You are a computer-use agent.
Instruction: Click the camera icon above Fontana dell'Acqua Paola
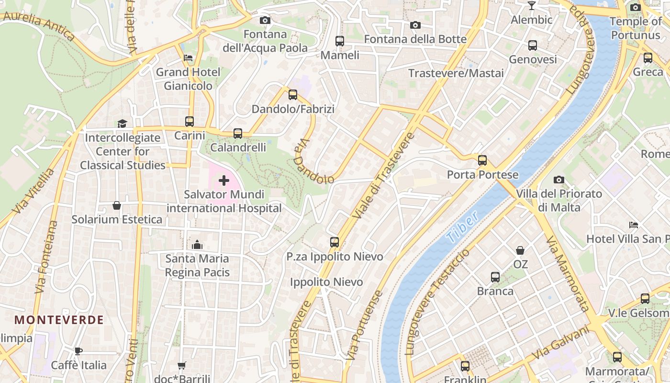pyautogui.click(x=265, y=20)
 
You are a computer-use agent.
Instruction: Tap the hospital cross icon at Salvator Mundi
pyautogui.click(x=224, y=180)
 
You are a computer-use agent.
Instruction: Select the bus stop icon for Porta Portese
pyautogui.click(x=482, y=160)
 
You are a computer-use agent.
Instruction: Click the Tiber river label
pyautogui.click(x=462, y=226)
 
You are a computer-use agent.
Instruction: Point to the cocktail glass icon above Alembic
pyautogui.click(x=531, y=6)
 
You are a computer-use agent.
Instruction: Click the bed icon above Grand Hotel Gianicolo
pyautogui.click(x=188, y=58)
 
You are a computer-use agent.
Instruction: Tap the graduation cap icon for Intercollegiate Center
pyautogui.click(x=122, y=124)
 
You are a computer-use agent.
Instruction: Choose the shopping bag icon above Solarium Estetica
pyautogui.click(x=116, y=205)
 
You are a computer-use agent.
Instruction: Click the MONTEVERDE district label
pyautogui.click(x=59, y=320)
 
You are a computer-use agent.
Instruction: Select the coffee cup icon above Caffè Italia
pyautogui.click(x=78, y=351)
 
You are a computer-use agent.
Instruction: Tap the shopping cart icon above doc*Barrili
pyautogui.click(x=181, y=366)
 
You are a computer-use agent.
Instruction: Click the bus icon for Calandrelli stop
pyautogui.click(x=238, y=134)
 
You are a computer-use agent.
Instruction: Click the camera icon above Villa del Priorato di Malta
pyautogui.click(x=558, y=180)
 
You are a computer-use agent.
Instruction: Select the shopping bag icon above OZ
pyautogui.click(x=520, y=250)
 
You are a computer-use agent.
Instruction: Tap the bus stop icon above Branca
pyautogui.click(x=495, y=277)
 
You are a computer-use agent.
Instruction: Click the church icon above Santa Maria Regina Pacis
pyautogui.click(x=197, y=245)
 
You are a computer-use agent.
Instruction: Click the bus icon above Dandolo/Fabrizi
pyautogui.click(x=293, y=95)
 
